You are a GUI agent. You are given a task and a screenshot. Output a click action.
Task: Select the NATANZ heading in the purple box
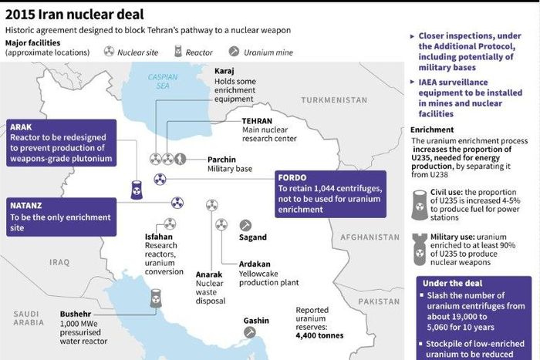pyautogui.click(x=29, y=205)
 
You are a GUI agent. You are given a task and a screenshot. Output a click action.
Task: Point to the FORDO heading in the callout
pyautogui.click(x=293, y=177)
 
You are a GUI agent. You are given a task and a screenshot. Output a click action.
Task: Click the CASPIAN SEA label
pyautogui.click(x=163, y=82)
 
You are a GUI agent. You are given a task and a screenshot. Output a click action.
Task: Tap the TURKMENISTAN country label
pyautogui.click(x=334, y=100)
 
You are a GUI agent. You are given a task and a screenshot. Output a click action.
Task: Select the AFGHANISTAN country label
pyautogui.click(x=373, y=237)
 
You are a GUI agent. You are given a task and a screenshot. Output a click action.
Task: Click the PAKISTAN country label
pyautogui.click(x=380, y=301)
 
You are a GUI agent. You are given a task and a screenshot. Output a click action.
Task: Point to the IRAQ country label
pyautogui.click(x=59, y=262)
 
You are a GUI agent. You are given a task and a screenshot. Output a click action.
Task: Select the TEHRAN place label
pyautogui.click(x=257, y=122)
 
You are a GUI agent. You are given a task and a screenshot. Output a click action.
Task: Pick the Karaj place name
pyautogui.click(x=224, y=71)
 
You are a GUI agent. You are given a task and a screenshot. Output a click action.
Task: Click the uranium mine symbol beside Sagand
pyautogui.click(x=246, y=225)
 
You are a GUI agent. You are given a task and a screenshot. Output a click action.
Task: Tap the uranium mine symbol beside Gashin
pyautogui.click(x=250, y=332)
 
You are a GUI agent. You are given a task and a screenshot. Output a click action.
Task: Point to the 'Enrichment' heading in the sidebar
pyautogui.click(x=432, y=131)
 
